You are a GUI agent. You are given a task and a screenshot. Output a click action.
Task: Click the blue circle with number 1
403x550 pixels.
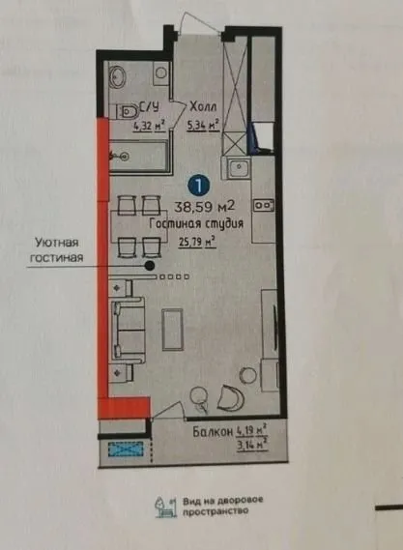pos(198,182)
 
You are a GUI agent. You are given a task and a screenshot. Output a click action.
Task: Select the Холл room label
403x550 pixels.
pos(202,108)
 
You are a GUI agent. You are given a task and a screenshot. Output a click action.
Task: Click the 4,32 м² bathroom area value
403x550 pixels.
pos(148,124)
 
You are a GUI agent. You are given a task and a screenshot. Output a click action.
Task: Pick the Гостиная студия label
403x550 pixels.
pos(195,223)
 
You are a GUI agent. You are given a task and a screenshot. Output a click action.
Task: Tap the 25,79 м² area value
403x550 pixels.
pos(195,242)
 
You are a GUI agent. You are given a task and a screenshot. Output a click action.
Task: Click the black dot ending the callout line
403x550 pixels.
pos(150,264)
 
